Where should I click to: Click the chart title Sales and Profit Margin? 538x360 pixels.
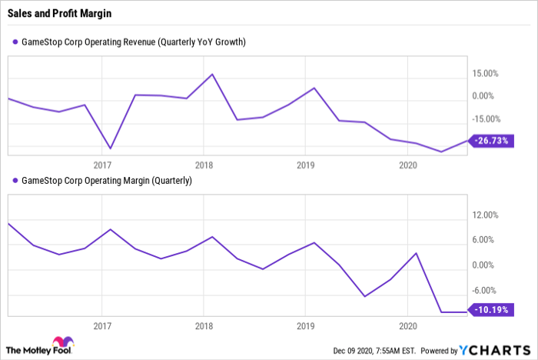pyautogui.click(x=59, y=13)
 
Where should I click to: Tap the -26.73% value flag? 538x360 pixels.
pyautogui.click(x=491, y=141)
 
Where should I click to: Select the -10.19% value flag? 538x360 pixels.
pyautogui.click(x=491, y=310)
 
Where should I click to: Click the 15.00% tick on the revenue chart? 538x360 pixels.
pyautogui.click(x=485, y=74)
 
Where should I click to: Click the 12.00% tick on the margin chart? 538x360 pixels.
pyautogui.click(x=485, y=215)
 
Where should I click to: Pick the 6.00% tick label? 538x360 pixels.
pyautogui.click(x=483, y=240)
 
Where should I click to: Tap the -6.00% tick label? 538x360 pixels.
pyautogui.click(x=483, y=291)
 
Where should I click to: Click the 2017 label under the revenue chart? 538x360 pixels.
pyautogui.click(x=102, y=165)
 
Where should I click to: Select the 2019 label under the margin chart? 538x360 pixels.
pyautogui.click(x=305, y=325)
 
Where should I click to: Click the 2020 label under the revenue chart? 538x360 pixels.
pyautogui.click(x=408, y=165)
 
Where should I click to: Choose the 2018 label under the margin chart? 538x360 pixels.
pyautogui.click(x=204, y=325)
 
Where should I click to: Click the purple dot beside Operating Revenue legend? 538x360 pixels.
pyautogui.click(x=15, y=42)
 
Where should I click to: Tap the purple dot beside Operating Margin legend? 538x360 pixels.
pyautogui.click(x=15, y=180)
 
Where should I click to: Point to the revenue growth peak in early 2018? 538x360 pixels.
pyautogui.click(x=212, y=74)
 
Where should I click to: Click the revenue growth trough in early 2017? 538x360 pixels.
pyautogui.click(x=110, y=148)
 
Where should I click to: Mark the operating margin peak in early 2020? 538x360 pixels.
pyautogui.click(x=416, y=253)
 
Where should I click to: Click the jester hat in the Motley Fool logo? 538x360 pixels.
pyautogui.click(x=63, y=342)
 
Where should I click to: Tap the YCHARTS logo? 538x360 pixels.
pyautogui.click(x=494, y=350)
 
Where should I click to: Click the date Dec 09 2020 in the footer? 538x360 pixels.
pyautogui.click(x=352, y=351)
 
